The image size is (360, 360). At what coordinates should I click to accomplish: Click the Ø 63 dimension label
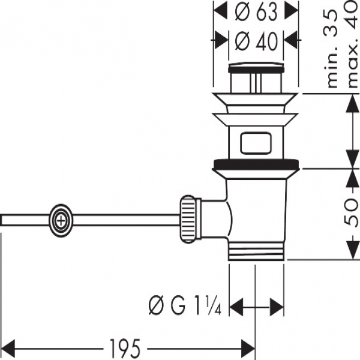256,11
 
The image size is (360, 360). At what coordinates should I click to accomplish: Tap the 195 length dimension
126,347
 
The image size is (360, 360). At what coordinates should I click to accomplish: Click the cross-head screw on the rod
61,220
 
